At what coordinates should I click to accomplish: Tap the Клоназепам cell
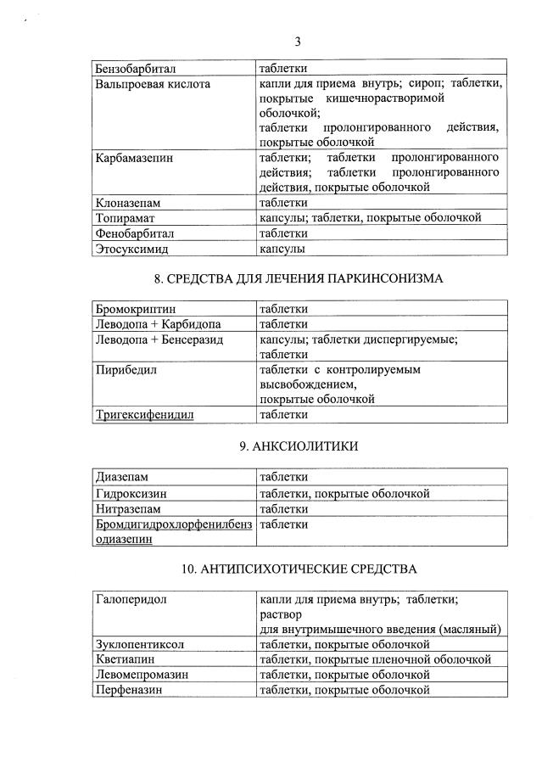pyautogui.click(x=128, y=204)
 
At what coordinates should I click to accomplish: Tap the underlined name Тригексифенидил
pyautogui.click(x=144, y=414)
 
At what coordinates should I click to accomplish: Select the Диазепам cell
pyautogui.click(x=122, y=477)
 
